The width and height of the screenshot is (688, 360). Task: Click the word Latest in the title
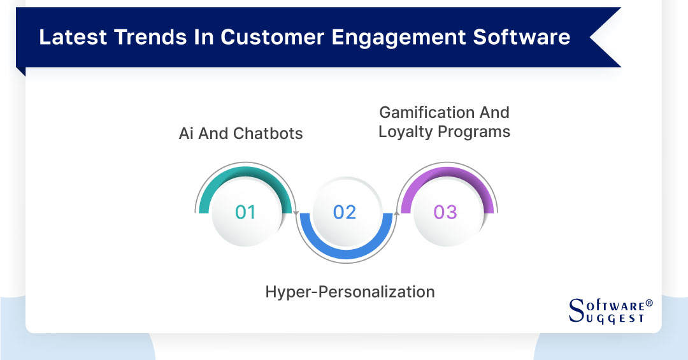pos(71,37)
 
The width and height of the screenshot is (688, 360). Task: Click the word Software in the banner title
pos(521,37)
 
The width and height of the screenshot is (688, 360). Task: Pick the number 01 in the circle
pos(245,212)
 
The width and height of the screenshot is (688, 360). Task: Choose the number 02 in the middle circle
pos(345,212)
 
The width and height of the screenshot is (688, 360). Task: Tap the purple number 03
pos(445,212)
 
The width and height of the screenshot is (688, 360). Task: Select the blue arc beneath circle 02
pos(345,251)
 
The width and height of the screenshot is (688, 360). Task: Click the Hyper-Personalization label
pos(350,292)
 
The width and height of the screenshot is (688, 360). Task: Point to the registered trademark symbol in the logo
pos(649,303)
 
